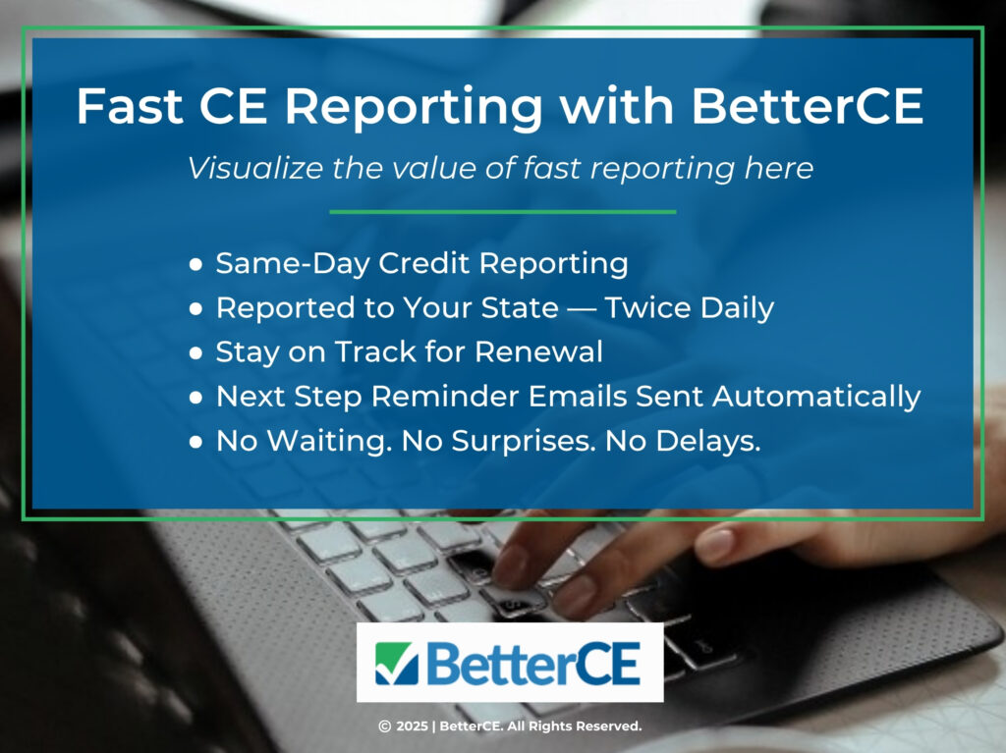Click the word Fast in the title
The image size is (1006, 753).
tap(124, 107)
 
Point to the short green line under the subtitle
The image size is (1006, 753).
tap(502, 211)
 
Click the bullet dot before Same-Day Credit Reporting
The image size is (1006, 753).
tap(197, 264)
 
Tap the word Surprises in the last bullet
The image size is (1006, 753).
tap(523, 442)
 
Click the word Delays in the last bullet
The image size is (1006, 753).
tap(712, 442)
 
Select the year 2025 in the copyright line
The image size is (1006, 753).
tap(413, 726)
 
